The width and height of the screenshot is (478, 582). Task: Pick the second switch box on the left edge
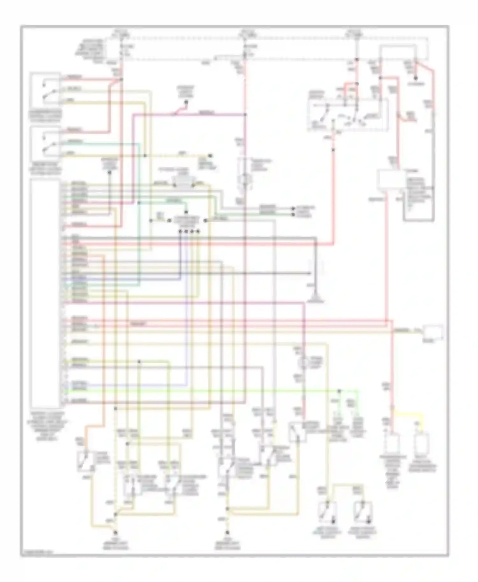[x=45, y=144]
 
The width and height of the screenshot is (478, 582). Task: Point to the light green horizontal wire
[x=223, y=391]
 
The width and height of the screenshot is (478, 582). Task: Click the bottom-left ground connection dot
[x=115, y=532]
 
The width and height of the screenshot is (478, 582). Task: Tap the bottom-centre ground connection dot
[x=228, y=532]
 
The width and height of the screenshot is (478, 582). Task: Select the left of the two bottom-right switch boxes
[x=328, y=512]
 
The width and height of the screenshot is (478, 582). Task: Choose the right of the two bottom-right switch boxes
[x=364, y=512]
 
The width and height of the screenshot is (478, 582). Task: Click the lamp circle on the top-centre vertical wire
[x=245, y=178]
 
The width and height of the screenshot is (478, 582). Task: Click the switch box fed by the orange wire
[x=85, y=461]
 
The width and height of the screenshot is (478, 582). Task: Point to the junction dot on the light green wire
[x=339, y=391]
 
